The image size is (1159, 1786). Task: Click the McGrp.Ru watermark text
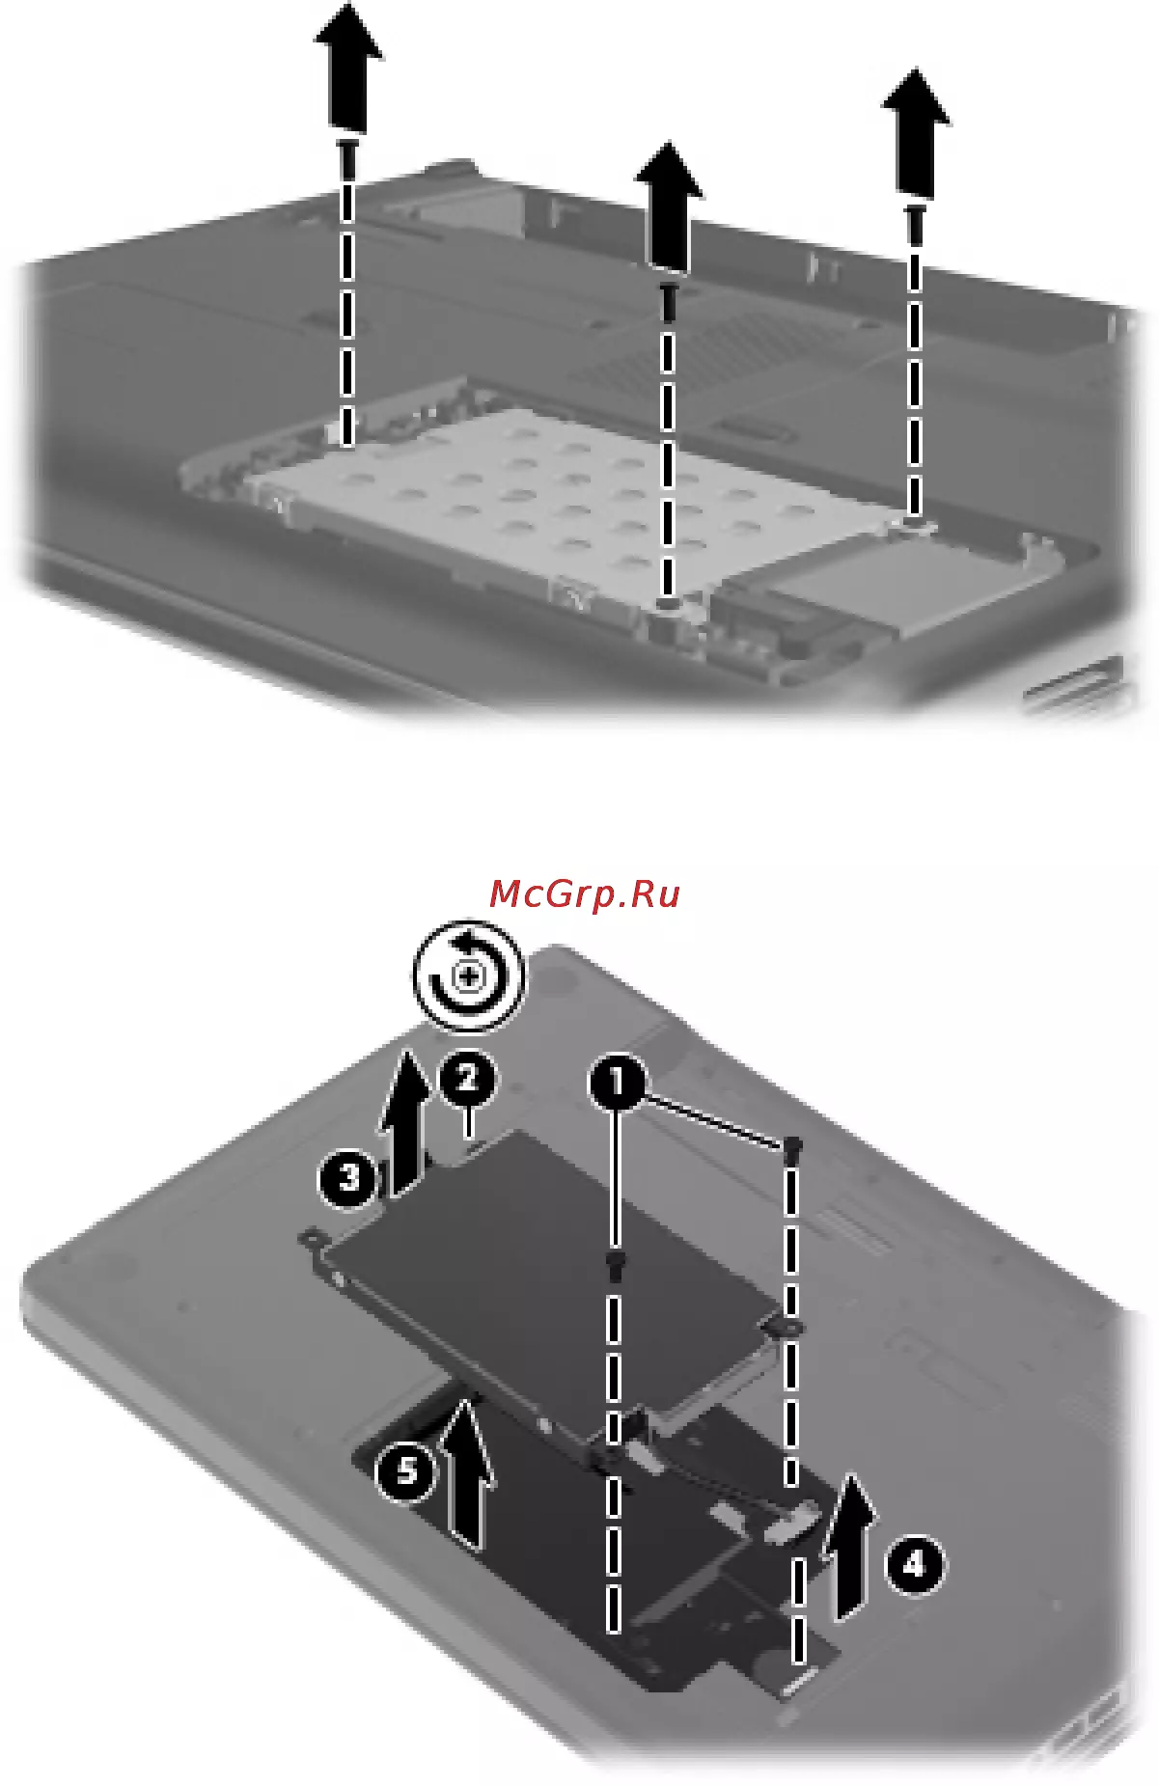585,895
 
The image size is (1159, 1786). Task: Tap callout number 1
617,1082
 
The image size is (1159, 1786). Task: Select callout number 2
467,1079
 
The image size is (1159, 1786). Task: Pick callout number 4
913,1564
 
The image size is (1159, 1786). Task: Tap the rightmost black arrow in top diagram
916,132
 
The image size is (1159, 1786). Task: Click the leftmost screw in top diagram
347,159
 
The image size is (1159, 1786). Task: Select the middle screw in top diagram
668,301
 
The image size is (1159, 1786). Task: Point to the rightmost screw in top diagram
915,222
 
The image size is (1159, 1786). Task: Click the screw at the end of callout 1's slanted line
793,1147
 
